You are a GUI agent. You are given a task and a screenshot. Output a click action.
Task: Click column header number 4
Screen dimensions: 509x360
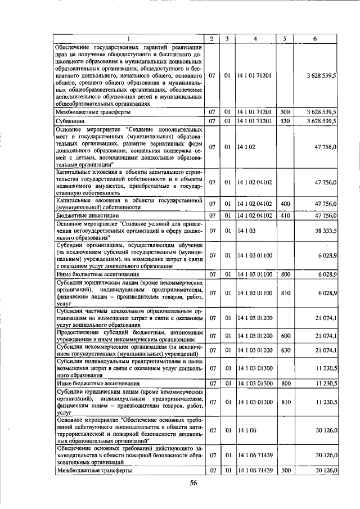255,38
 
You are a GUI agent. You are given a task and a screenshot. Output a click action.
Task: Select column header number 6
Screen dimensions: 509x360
314,38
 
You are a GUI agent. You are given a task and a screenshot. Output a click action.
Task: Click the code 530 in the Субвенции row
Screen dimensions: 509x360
285,121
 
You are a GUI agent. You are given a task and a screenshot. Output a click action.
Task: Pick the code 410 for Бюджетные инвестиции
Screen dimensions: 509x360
285,215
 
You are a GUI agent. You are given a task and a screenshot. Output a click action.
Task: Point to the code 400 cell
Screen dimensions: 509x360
285,204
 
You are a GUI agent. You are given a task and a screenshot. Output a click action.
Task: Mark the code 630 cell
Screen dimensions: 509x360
285,351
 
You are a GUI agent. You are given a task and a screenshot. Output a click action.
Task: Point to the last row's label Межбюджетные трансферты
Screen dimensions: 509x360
90,471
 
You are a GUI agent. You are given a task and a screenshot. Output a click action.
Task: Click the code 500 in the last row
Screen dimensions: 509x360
285,471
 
